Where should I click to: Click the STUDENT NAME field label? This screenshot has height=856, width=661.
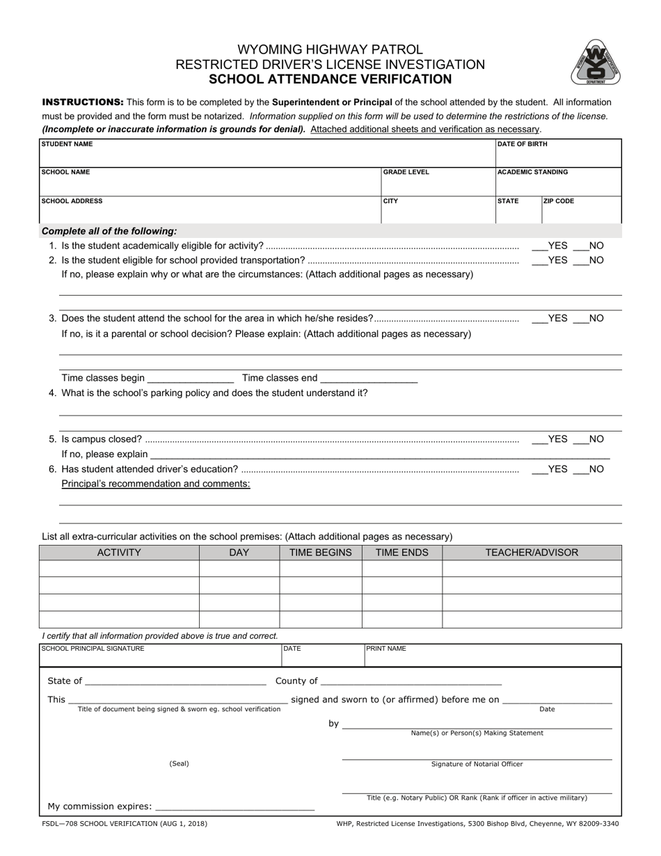67,145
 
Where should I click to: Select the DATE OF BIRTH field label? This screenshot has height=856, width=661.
522,145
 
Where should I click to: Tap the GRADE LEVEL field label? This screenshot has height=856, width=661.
406,173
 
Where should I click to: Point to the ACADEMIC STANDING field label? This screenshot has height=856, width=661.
533,173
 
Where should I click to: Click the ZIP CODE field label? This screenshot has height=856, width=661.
559,201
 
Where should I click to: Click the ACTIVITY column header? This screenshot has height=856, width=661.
119,553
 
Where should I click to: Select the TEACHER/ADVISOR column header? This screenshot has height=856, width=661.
532,553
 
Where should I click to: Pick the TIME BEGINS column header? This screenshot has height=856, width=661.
320,553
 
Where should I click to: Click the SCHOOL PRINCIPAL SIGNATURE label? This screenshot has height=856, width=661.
93,649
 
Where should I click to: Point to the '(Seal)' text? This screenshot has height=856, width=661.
179,764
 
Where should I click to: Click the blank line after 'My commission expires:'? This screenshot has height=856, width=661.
235,808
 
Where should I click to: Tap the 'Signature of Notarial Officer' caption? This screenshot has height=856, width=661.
477,764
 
